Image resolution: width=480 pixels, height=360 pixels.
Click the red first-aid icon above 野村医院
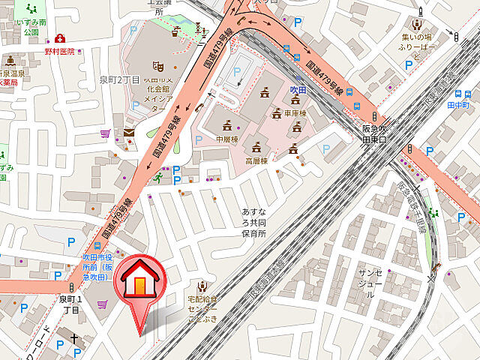59,37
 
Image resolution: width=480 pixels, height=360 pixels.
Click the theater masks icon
157,67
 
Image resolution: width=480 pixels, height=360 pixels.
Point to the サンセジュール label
370,283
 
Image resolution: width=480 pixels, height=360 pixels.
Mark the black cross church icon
74,339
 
